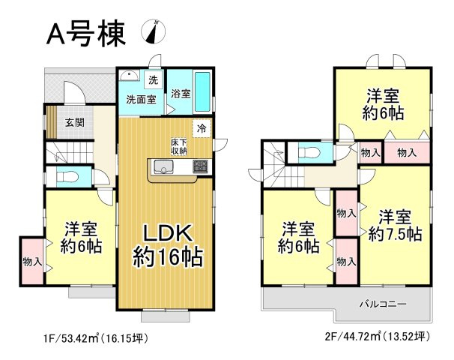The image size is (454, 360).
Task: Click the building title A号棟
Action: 85,34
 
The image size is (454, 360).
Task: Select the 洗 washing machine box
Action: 153,79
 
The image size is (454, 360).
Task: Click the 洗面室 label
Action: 140,99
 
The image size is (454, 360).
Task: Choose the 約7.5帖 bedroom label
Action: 395,225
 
